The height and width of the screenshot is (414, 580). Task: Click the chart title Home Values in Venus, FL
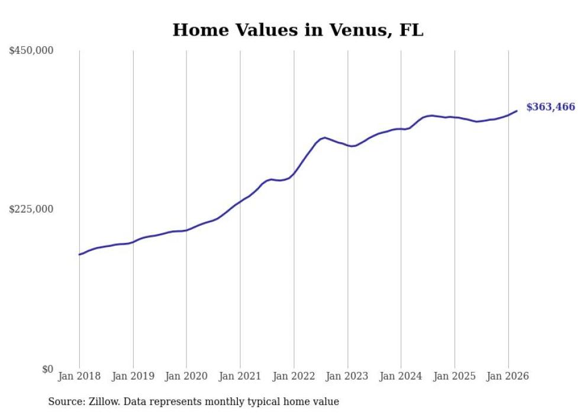click(x=298, y=30)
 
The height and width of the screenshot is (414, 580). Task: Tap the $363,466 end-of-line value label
click(x=550, y=107)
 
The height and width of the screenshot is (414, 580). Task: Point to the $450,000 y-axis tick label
click(x=31, y=51)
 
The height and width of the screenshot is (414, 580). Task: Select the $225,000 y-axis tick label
click(x=31, y=209)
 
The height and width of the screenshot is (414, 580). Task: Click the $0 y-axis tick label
click(x=47, y=369)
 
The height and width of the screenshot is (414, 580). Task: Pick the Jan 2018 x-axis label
click(x=79, y=376)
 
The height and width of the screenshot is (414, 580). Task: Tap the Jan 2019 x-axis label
click(x=133, y=376)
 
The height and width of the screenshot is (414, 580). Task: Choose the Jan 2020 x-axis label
click(x=186, y=376)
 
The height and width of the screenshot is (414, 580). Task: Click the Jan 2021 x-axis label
click(x=240, y=376)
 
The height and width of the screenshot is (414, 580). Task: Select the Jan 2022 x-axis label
click(x=294, y=376)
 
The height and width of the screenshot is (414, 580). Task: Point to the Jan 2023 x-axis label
click(x=347, y=376)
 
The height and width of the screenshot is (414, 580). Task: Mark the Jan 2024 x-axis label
click(x=401, y=376)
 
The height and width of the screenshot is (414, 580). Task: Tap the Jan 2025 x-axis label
click(x=455, y=376)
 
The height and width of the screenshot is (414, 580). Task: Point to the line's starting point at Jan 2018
click(x=79, y=255)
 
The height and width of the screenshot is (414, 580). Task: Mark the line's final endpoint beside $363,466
click(x=517, y=111)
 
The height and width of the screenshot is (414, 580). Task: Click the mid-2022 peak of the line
click(x=324, y=137)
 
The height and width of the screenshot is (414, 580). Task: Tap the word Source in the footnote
click(x=64, y=402)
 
